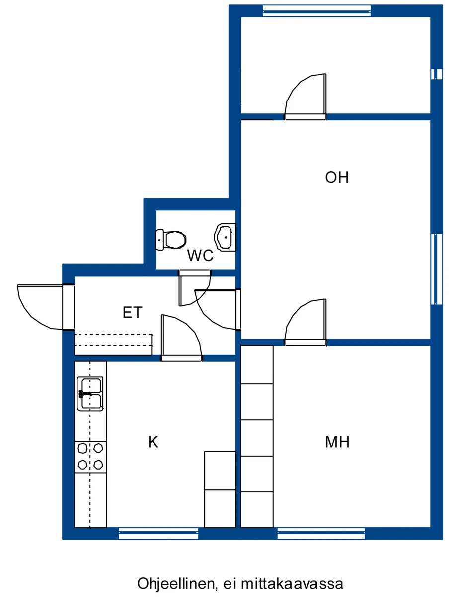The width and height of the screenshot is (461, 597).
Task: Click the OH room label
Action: [x=337, y=177]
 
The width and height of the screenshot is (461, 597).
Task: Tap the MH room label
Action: [x=337, y=442]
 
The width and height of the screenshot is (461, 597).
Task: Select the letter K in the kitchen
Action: [x=153, y=442]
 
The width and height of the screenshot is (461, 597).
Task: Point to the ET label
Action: [x=133, y=313]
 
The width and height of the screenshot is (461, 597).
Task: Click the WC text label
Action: [x=200, y=256]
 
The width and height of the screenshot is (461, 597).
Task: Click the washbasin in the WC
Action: [x=225, y=238]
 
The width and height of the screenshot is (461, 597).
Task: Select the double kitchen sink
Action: [x=90, y=394]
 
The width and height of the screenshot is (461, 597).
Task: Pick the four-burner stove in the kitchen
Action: [x=90, y=456]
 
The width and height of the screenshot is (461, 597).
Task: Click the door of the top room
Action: [x=306, y=97]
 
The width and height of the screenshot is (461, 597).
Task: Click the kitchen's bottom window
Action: [x=158, y=534]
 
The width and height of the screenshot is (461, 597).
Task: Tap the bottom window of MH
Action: [x=321, y=534]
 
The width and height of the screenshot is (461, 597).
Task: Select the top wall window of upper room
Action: [x=316, y=10]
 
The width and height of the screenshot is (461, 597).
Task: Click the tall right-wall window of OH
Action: [x=436, y=269]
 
